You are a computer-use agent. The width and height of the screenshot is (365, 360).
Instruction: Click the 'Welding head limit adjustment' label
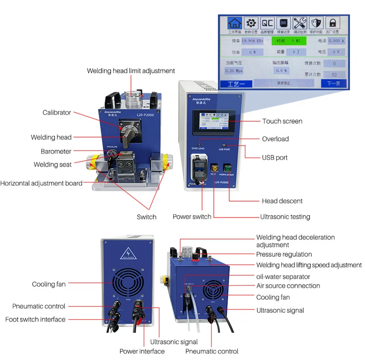pos(131,71)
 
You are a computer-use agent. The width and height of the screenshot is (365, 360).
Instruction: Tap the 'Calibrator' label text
pos(57,112)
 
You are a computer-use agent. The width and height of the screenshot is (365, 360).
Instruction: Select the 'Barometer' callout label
pos(56,151)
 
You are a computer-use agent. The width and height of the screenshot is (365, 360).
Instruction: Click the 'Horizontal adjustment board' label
pos(41,183)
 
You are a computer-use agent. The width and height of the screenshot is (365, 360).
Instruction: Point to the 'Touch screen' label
pos(282,121)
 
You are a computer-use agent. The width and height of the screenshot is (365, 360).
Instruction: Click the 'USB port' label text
pos(275,157)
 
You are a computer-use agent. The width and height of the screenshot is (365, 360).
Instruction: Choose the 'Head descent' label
pos(282,201)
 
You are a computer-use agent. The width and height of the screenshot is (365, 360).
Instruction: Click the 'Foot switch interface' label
pos(35,320)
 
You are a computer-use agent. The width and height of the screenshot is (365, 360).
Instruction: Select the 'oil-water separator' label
pos(283,277)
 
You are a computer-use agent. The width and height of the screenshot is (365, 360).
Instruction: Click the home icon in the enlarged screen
pos(235,23)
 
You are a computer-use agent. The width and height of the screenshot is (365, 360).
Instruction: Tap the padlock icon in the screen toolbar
pos(333,23)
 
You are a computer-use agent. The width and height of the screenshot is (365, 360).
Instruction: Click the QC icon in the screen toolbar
pos(267,23)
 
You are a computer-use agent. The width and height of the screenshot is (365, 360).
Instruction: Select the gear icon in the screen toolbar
pos(251,23)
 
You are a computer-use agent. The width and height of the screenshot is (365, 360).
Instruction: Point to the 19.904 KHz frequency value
pos(252,41)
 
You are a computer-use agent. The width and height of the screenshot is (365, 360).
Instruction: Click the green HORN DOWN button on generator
pos(228,168)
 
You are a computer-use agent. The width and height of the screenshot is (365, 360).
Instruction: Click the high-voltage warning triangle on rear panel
pos(128,253)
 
